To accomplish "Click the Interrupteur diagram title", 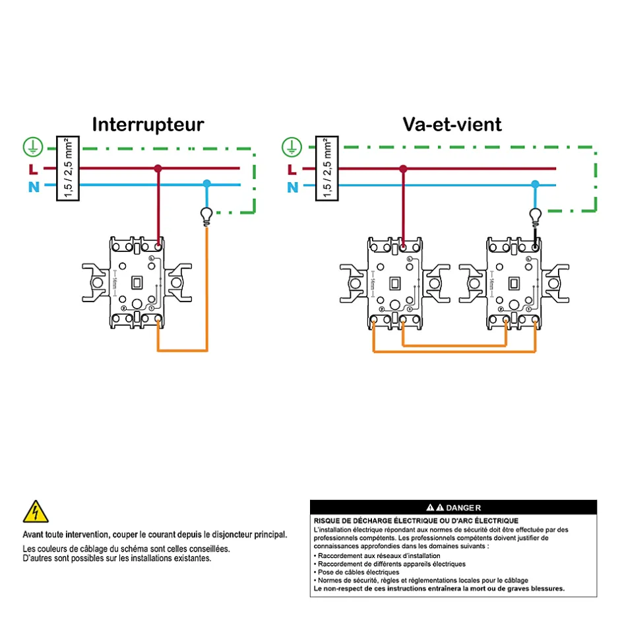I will click(x=148, y=125).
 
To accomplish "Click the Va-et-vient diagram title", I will click(x=452, y=124).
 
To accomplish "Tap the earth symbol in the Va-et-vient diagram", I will click(x=292, y=146).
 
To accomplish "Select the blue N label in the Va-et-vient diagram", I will click(x=292, y=187).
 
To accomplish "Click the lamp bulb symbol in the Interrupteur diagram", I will click(x=206, y=214).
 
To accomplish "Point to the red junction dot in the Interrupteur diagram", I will click(x=158, y=169).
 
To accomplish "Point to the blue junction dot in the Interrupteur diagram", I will click(x=206, y=183).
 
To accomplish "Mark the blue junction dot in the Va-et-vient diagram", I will click(x=535, y=184).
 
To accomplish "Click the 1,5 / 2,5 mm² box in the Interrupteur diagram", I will click(x=65, y=168).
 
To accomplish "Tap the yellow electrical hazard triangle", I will click(x=35, y=511).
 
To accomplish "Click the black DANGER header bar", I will click(x=453, y=507).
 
